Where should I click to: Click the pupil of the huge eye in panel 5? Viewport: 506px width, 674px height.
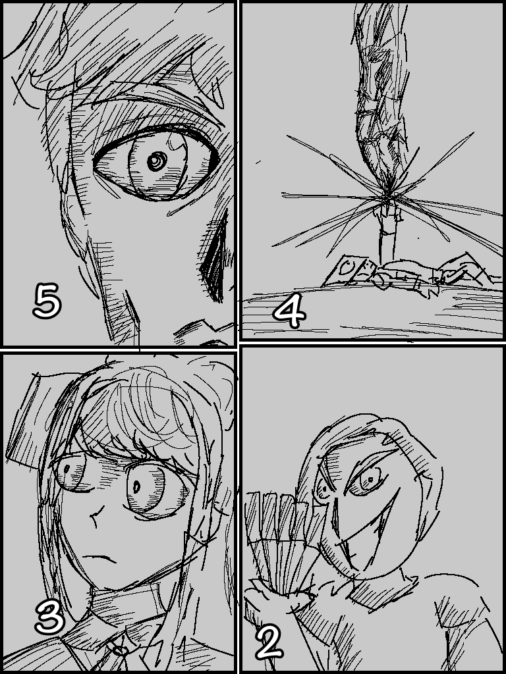pyautogui.click(x=157, y=162)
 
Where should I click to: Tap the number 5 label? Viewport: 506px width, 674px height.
pyautogui.click(x=47, y=300)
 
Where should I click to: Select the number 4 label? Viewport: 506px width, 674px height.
pyautogui.click(x=290, y=313)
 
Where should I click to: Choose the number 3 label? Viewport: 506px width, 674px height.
pyautogui.click(x=49, y=618)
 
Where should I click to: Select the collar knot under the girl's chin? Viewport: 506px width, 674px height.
pyautogui.click(x=121, y=650)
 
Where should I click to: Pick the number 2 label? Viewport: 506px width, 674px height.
pyautogui.click(x=269, y=642)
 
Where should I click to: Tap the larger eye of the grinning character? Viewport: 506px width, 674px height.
pyautogui.click(x=369, y=479)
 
